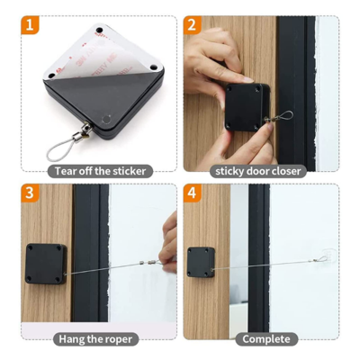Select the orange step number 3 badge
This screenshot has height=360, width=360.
[30, 193]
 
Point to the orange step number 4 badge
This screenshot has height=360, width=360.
[192, 193]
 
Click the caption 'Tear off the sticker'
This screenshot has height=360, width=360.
[98, 170]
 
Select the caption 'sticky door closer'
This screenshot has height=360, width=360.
[259, 170]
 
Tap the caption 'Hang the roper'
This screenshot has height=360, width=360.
[97, 338]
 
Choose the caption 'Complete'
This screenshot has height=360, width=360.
[266, 338]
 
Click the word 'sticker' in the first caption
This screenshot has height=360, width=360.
[126, 170]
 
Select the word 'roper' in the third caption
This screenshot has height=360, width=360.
[118, 338]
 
